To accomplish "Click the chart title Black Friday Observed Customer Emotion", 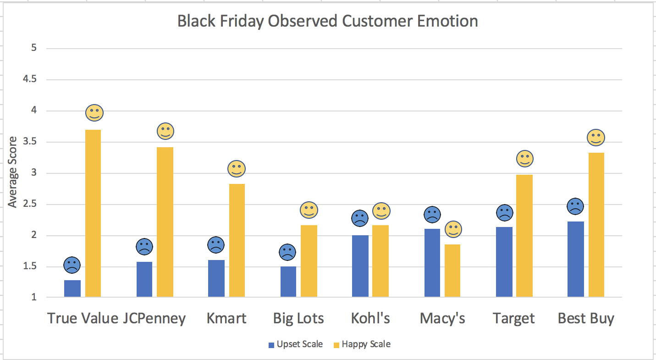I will [327, 21].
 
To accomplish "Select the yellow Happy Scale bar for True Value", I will [93, 213].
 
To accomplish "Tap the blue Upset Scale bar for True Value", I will [72, 288].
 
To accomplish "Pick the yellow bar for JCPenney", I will [165, 222].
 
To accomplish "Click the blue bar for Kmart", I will [216, 278].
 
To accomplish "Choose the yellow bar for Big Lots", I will [309, 261].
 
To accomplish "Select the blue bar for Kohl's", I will [360, 266].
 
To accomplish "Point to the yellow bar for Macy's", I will [452, 271].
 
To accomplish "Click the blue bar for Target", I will [504, 262].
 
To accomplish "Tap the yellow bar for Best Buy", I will [596, 225].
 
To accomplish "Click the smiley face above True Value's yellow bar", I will [94, 113].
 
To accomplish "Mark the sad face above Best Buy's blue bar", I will [575, 206].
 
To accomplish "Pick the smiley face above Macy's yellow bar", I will [453, 229].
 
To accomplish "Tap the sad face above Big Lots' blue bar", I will [287, 252].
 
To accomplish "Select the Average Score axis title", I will [13, 172].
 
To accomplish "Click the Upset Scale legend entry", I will [296, 344].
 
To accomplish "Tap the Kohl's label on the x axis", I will [370, 318].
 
